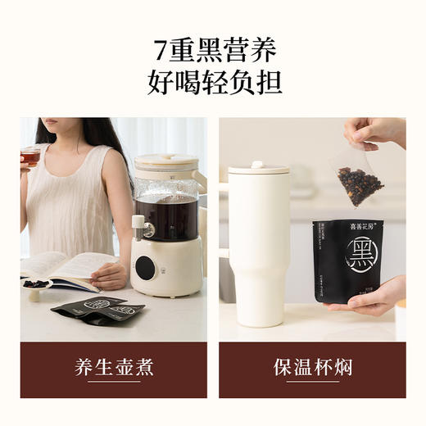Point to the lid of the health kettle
click(166, 162)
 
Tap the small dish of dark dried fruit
click(37, 284)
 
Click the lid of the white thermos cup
click(258, 168)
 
